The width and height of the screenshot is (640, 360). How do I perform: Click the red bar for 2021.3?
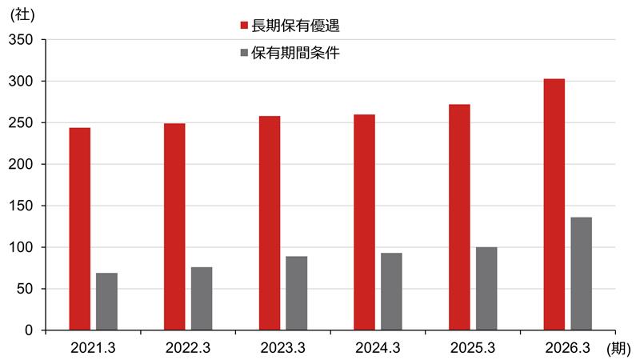click(80, 229)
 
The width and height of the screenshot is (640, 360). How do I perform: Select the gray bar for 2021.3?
click(106, 302)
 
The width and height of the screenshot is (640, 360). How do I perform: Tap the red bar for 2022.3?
click(174, 226)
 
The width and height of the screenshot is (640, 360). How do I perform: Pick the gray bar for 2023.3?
click(297, 293)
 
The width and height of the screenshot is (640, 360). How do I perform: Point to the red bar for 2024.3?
click(364, 222)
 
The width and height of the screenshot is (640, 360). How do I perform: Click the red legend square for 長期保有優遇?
click(245, 26)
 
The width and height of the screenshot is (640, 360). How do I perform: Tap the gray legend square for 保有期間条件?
click(245, 54)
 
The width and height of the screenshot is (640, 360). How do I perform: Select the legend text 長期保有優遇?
click(295, 26)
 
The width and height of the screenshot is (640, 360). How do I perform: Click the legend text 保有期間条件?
click(295, 54)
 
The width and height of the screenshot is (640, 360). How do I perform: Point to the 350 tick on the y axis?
click(24, 39)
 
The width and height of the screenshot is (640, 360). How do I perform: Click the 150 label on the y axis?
click(24, 206)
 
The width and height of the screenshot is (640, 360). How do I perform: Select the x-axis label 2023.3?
click(282, 348)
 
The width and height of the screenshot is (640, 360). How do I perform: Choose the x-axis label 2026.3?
click(567, 348)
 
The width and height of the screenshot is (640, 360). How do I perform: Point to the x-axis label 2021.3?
click(93, 348)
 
